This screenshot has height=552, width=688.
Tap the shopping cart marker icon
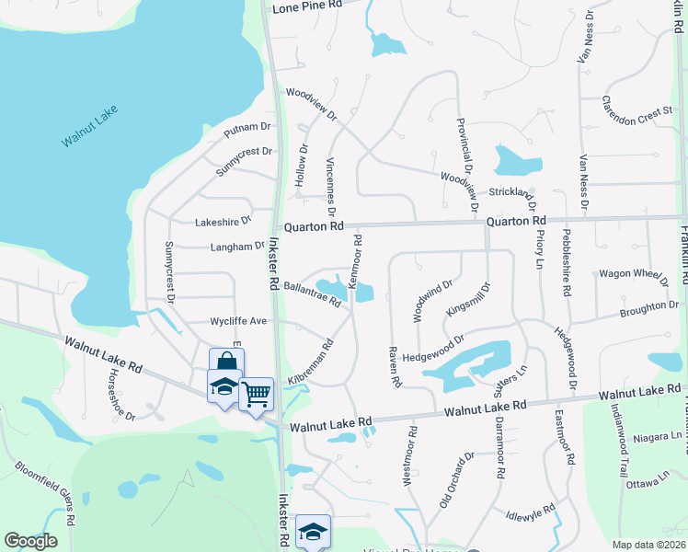pyautogui.click(x=257, y=394)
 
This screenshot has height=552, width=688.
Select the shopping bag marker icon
pyautogui.click(x=226, y=362)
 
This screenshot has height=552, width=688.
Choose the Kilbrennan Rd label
pyautogui.click(x=308, y=364)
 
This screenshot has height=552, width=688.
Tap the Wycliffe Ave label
pyautogui.click(x=237, y=321)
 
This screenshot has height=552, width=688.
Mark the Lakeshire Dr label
pyautogui.click(x=223, y=222)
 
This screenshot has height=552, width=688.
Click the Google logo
pyautogui.click(x=30, y=541)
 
